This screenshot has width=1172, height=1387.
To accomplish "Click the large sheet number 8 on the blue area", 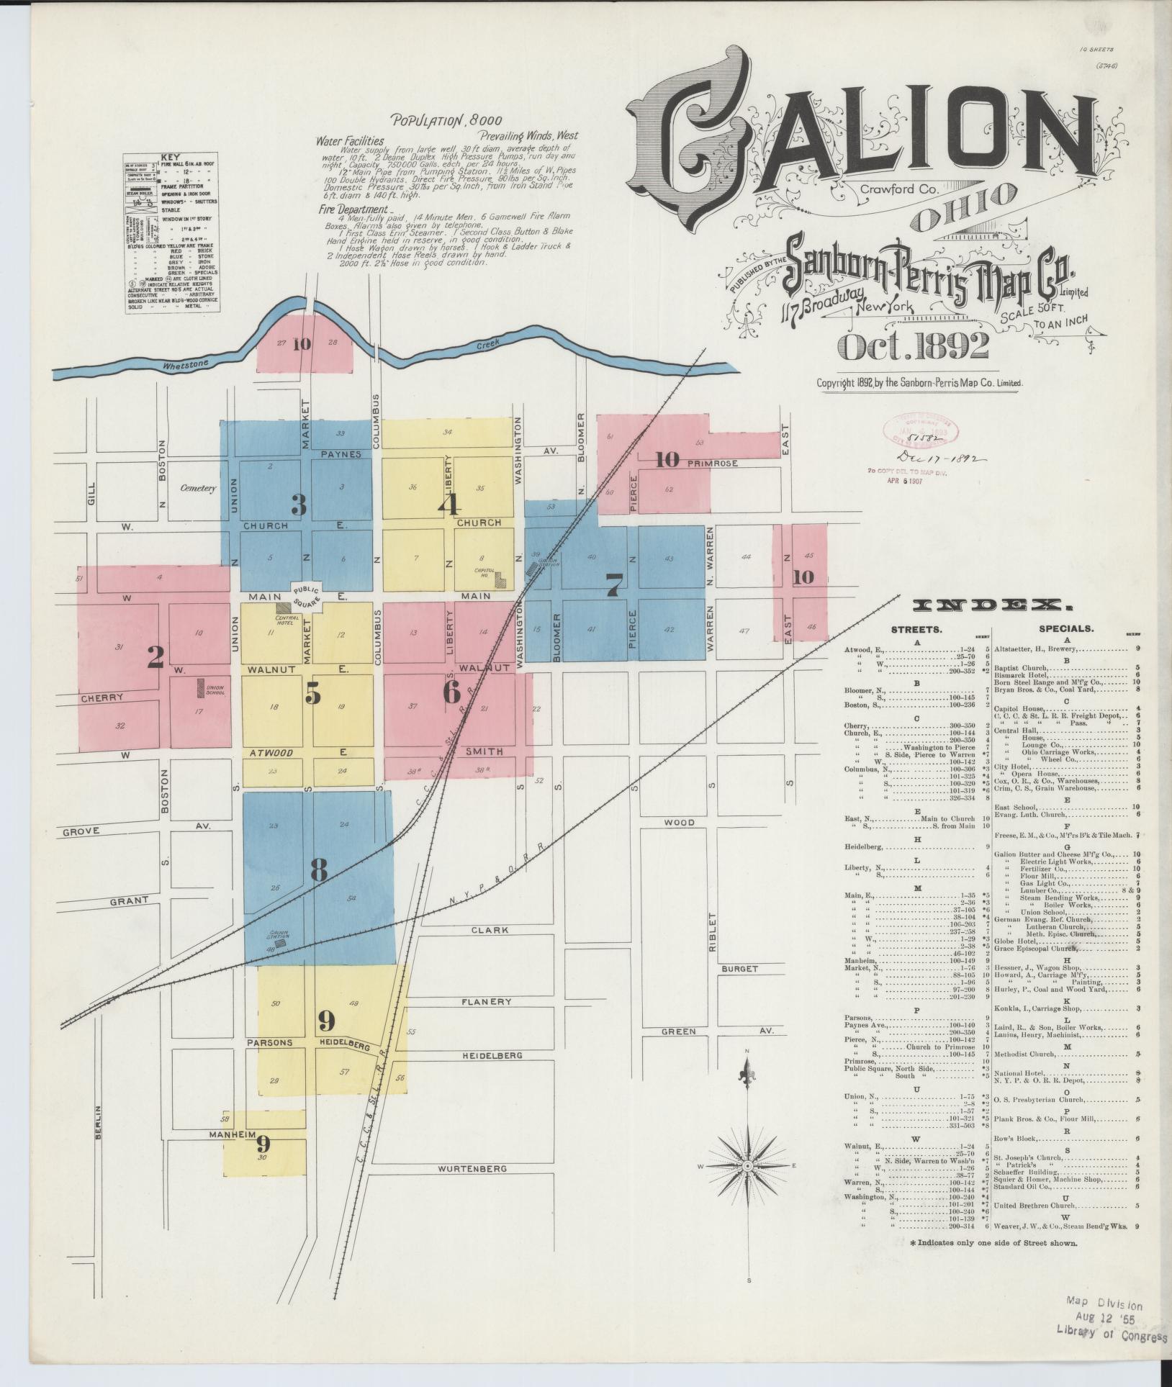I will click(x=319, y=870).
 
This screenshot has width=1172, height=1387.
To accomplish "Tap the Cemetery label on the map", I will click(x=198, y=488).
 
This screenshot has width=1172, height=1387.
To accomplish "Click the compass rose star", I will click(x=747, y=1165).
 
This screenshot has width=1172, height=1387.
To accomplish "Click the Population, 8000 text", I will click(x=446, y=121).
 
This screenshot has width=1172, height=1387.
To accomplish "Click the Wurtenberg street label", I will click(x=474, y=1169).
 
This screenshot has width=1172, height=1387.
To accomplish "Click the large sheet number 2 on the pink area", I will click(x=154, y=657).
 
